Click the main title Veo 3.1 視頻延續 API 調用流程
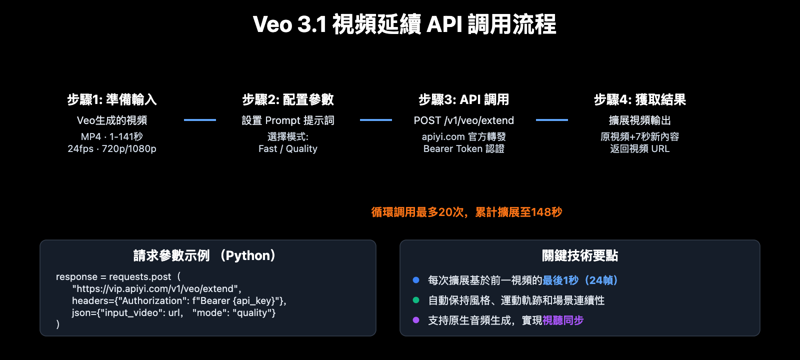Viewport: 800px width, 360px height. (404, 24)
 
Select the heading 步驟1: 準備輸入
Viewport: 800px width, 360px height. (112, 99)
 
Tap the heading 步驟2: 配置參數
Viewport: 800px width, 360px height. (288, 99)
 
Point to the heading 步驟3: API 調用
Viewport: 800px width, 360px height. (463, 99)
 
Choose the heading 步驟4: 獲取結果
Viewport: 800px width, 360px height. (639, 99)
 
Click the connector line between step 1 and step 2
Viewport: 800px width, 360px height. (200, 120)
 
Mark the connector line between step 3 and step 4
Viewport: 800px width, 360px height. (551, 120)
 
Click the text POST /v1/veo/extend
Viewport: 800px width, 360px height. (463, 120)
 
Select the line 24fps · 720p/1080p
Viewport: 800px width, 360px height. (112, 148)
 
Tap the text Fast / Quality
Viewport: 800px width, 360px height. (288, 148)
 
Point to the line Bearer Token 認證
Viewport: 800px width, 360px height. (463, 148)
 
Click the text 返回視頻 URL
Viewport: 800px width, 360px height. (639, 148)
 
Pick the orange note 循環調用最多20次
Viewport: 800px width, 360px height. (466, 212)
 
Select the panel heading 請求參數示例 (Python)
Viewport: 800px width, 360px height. (207, 255)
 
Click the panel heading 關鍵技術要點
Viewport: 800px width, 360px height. (579, 255)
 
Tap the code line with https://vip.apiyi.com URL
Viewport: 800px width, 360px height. (156, 288)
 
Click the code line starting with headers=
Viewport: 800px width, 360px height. (179, 300)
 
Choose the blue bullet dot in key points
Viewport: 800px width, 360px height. (415, 280)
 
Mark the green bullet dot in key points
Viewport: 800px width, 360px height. (415, 300)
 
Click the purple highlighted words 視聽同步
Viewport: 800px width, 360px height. (563, 320)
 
